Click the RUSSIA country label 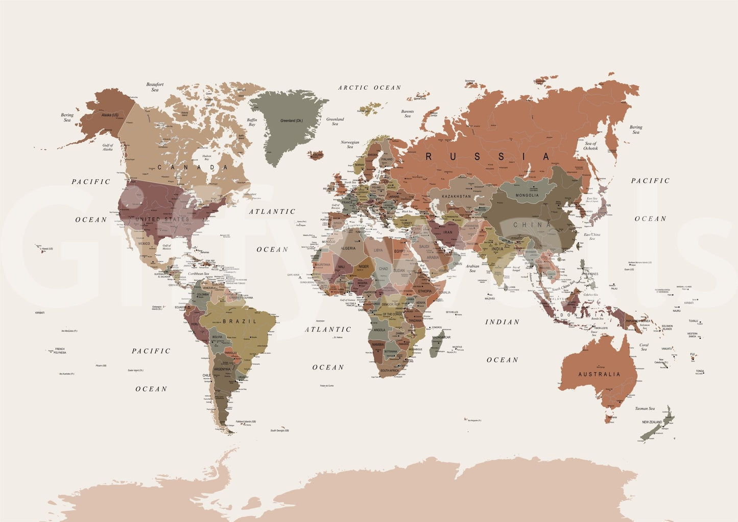click(488, 157)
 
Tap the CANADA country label click(193, 167)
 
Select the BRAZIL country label click(240, 321)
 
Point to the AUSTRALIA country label click(599, 374)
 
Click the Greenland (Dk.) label click(292, 121)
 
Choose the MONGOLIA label click(527, 195)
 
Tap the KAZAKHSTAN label click(456, 196)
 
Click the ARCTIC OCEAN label click(369, 88)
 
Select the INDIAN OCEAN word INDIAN click(502, 322)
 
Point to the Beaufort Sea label click(155, 87)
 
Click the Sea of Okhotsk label click(591, 146)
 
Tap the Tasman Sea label click(645, 408)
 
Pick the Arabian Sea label click(472, 268)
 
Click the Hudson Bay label click(206, 157)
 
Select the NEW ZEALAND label click(652, 422)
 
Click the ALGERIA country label click(348, 248)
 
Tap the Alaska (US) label click(110, 115)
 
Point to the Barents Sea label click(408, 113)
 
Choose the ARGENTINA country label click(222, 369)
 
